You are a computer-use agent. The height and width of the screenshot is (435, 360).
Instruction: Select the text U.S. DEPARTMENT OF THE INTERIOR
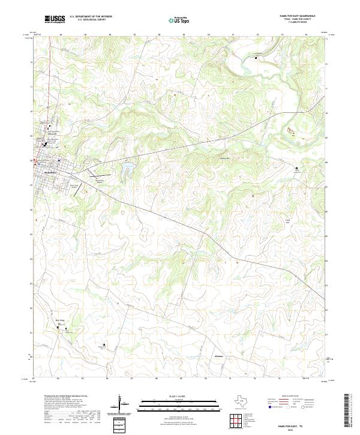(x=91, y=17)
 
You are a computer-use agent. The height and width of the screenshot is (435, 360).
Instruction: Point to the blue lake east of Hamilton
(x=128, y=170)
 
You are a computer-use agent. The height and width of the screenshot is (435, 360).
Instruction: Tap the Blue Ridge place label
(x=60, y=321)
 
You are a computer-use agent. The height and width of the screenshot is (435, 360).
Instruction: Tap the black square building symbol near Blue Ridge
(x=58, y=328)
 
